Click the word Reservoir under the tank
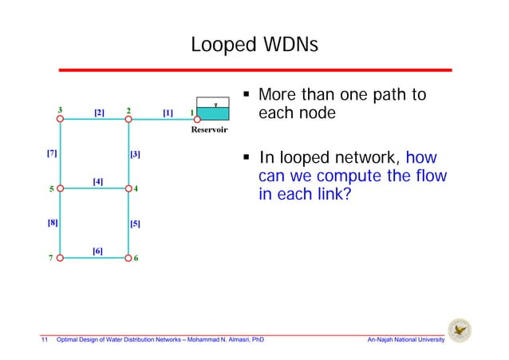point(209,129)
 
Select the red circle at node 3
point(60,120)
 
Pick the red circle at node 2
point(128,120)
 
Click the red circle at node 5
point(60,189)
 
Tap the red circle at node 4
point(128,189)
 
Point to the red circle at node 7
point(60,259)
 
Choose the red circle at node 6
point(128,259)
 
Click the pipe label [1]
point(168,113)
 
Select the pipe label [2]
point(100,113)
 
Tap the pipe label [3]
point(135,153)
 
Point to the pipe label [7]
point(51,152)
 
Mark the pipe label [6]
point(97,251)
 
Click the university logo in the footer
point(460,330)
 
